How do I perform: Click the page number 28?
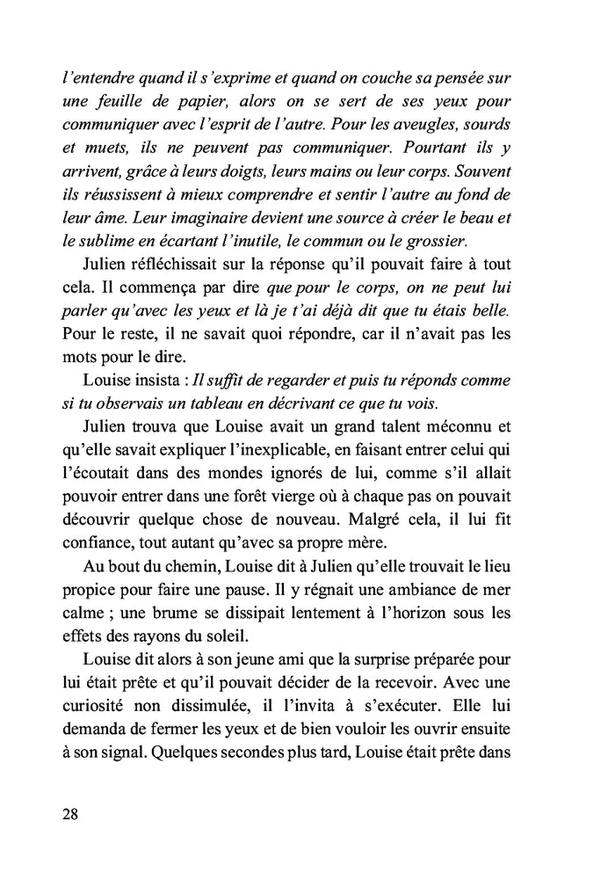click(71, 813)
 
